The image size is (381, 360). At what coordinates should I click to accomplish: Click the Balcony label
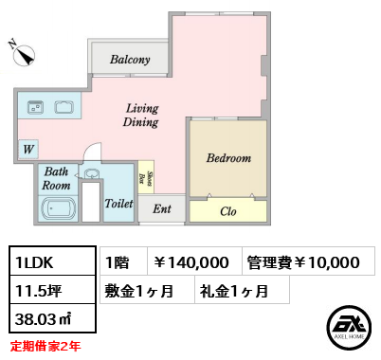130,60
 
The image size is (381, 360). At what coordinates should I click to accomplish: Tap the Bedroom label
228,158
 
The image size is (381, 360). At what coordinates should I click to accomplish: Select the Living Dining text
141,116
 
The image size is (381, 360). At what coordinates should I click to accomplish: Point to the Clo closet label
228,211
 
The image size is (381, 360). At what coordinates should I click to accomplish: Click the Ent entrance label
162,208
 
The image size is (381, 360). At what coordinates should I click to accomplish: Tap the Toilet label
118,204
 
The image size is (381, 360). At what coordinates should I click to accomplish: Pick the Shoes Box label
146,178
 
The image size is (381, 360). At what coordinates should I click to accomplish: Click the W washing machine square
28,149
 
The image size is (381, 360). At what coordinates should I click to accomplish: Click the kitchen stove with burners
35,107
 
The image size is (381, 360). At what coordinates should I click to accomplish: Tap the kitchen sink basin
63,107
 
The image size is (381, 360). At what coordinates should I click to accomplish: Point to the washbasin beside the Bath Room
92,173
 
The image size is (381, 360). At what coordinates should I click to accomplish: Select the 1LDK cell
52,261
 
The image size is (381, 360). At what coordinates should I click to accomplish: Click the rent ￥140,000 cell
194,261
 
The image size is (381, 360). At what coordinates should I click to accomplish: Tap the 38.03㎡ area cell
52,318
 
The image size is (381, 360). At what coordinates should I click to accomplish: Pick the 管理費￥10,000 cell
308,261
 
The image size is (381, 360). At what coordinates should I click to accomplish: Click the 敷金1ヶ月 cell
147,290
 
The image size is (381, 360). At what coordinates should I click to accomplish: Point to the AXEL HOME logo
349,328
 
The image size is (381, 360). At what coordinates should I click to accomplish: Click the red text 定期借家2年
45,347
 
